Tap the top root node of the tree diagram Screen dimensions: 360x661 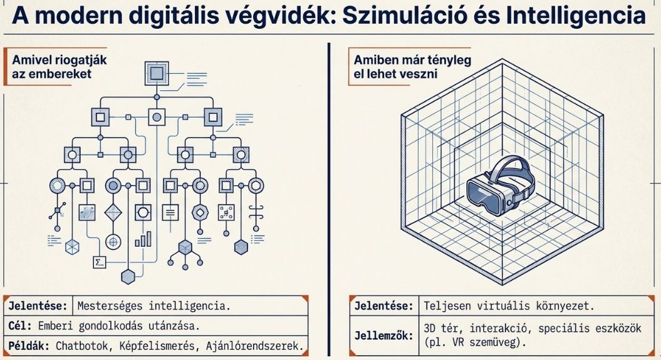tap(157, 73)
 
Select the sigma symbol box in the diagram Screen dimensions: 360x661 tap(98, 262)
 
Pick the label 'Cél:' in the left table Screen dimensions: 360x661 tap(19, 326)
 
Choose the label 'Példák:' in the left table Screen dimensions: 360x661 tap(29, 345)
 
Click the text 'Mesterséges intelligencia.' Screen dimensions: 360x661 tap(154, 306)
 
